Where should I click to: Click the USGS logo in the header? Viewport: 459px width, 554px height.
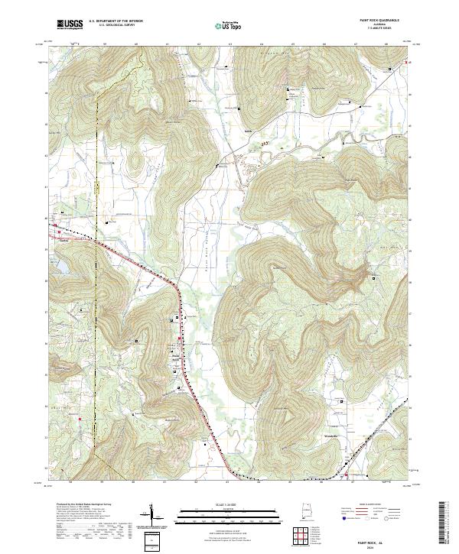coord(70,24)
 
